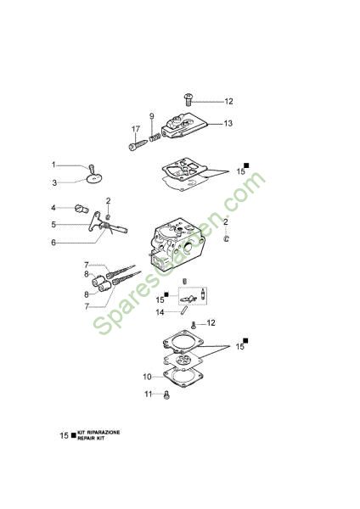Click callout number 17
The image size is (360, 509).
[136, 129]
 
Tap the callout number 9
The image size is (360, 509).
[152, 116]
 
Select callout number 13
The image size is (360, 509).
[228, 123]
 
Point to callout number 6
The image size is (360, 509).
[53, 243]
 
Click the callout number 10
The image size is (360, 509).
[147, 377]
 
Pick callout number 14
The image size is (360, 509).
[160, 312]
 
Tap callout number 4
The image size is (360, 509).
[53, 208]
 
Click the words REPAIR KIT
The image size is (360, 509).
[91, 439]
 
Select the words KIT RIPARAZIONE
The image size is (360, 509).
[98, 433]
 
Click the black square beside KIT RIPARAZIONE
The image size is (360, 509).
[73, 435]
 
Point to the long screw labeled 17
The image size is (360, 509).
[138, 145]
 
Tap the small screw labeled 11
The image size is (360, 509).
[166, 394]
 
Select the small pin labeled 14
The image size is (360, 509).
[184, 310]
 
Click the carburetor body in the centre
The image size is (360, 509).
[177, 242]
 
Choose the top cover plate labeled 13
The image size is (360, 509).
[184, 126]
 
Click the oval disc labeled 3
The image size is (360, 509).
[94, 178]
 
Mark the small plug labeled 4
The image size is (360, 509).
[82, 209]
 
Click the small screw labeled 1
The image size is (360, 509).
[92, 169]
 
